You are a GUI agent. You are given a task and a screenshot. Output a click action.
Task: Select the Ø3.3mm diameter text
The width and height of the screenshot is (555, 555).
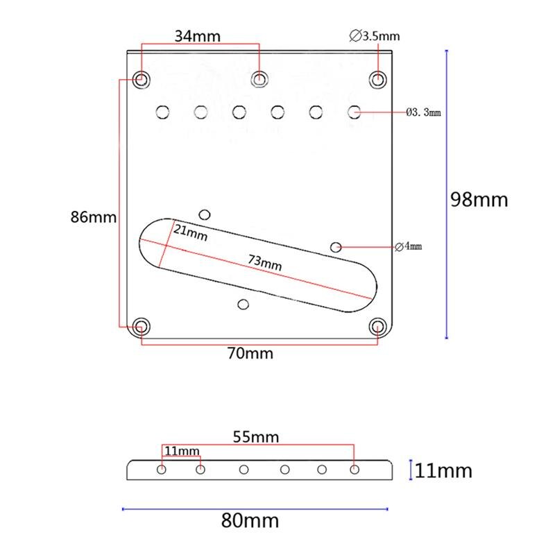click(423, 112)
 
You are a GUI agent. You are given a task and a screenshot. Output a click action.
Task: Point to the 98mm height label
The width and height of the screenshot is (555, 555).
click(479, 200)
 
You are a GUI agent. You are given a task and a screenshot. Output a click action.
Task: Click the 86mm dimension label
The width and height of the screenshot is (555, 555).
click(94, 217)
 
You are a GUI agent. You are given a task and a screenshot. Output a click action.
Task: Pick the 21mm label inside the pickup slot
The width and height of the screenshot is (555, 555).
click(190, 232)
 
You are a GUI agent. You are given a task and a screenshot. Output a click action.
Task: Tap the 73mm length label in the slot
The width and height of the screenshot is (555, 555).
click(265, 264)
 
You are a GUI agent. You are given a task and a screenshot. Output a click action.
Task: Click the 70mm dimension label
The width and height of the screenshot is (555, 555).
click(251, 354)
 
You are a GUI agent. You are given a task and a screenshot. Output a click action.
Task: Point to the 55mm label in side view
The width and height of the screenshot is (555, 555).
click(257, 437)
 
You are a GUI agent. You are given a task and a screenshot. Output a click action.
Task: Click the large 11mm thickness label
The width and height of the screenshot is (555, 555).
click(444, 472)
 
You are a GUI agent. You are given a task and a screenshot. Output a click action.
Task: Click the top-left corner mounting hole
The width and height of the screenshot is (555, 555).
click(142, 79)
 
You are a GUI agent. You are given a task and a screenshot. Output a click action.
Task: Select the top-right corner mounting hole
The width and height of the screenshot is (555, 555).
click(378, 79)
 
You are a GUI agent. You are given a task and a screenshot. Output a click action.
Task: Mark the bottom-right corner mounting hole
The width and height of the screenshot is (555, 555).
click(378, 326)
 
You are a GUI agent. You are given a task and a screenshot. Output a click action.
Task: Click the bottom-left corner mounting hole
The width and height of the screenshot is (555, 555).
click(142, 325)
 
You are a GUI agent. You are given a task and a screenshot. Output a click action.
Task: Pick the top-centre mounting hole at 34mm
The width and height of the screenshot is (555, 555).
click(260, 79)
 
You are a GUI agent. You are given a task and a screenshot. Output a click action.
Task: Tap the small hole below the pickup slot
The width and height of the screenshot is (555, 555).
click(243, 304)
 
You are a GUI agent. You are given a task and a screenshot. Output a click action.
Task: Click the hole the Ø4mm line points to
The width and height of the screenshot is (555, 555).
click(336, 246)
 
